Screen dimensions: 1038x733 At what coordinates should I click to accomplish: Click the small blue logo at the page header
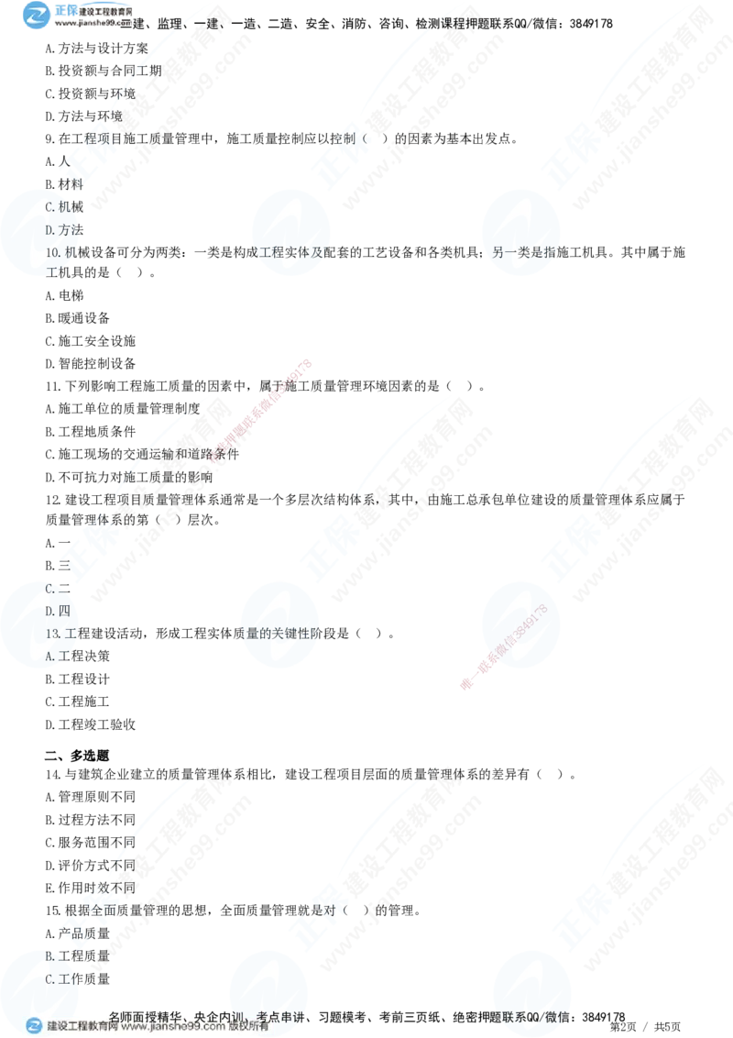pyautogui.click(x=38, y=14)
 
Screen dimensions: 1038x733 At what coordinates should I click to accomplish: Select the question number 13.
pyautogui.click(x=52, y=634)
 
